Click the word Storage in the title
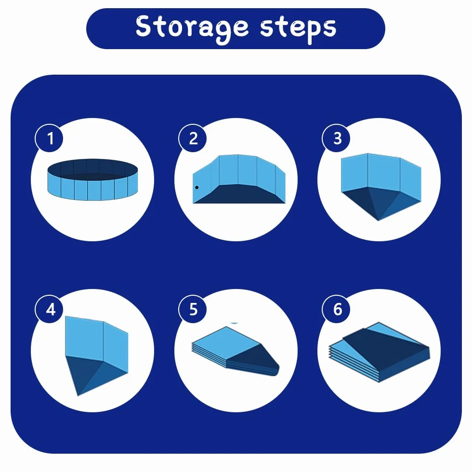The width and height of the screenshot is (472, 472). (x=192, y=28)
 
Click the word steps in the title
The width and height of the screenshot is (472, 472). (x=298, y=28)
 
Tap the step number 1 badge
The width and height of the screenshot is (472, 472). (x=49, y=138)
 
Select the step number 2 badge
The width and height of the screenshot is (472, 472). (x=193, y=138)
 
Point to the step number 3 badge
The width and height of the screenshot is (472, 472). (x=336, y=138)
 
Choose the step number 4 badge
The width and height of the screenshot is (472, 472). (x=49, y=309)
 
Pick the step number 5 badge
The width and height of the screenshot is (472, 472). (x=193, y=309)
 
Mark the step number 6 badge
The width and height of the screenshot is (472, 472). (x=336, y=309)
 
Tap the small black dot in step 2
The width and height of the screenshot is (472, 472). (x=197, y=187)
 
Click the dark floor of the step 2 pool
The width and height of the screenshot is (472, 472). (x=238, y=195)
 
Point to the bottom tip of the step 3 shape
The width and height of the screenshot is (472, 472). (x=379, y=221)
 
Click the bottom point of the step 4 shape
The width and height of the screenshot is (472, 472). (x=78, y=395)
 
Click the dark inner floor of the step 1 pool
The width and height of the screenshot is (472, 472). (x=92, y=175)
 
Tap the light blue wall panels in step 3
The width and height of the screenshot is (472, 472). (x=381, y=173)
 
